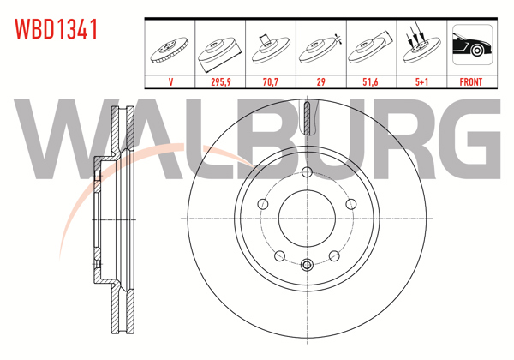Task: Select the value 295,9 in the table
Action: click(221, 82)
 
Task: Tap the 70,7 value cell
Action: click(271, 82)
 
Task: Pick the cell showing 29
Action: click(320, 82)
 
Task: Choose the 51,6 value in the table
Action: click(369, 82)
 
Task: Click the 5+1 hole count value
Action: click(419, 82)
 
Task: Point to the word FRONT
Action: click(471, 82)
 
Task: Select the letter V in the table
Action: click(171, 82)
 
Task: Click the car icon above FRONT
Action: click(471, 48)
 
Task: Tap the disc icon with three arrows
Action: click(419, 48)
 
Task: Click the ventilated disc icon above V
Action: click(171, 48)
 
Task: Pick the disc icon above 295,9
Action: click(221, 48)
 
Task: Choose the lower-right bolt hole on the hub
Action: click(332, 255)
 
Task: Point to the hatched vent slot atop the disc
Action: click(306, 118)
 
